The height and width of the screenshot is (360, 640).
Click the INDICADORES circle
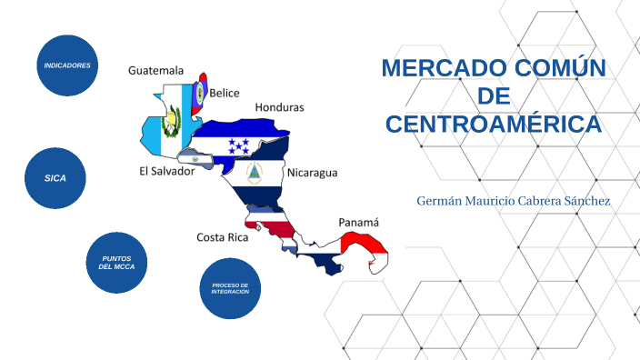(x=67, y=65)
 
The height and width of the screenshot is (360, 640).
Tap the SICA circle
(x=56, y=177)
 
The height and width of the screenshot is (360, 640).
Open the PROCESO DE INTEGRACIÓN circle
(x=229, y=288)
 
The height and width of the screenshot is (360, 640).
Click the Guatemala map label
(x=155, y=70)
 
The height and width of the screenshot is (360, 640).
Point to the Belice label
(x=225, y=93)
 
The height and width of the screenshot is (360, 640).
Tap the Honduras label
(x=279, y=107)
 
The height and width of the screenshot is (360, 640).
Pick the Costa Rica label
(x=223, y=237)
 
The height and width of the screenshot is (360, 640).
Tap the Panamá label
(x=358, y=222)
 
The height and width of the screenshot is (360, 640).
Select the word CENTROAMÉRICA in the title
(x=494, y=124)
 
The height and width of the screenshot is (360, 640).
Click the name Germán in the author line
(x=441, y=200)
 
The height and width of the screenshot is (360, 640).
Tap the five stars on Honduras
(x=238, y=145)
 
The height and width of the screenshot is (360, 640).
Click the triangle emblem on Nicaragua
(x=255, y=173)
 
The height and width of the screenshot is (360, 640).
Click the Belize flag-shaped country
(x=200, y=92)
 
